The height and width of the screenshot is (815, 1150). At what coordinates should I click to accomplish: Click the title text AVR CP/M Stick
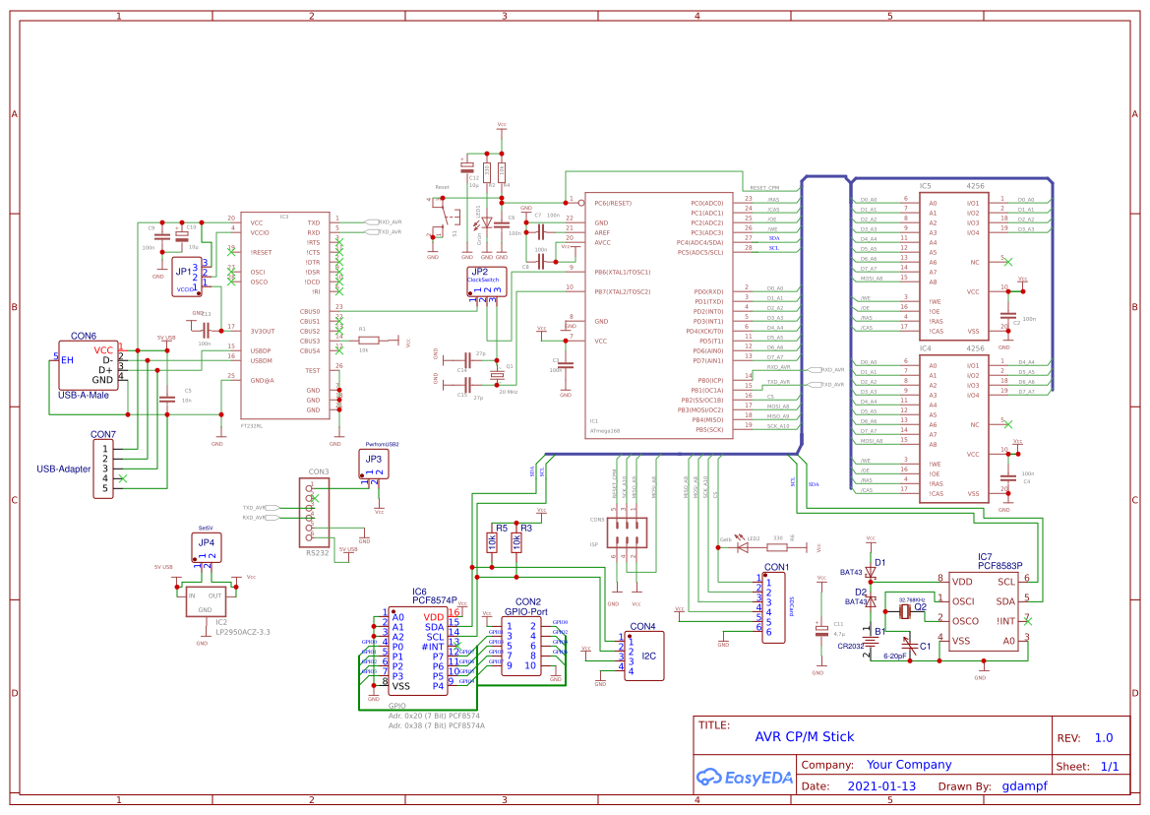tap(804, 736)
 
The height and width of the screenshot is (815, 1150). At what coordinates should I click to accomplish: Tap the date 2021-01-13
tap(880, 786)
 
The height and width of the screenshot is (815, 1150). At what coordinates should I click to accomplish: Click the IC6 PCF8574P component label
tap(434, 596)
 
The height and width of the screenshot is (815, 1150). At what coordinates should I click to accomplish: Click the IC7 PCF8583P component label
tap(998, 561)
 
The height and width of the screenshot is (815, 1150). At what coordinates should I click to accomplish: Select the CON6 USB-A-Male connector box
tap(89, 365)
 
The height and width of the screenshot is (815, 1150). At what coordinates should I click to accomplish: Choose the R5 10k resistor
tap(491, 542)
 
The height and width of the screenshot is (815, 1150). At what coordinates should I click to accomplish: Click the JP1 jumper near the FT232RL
tap(187, 276)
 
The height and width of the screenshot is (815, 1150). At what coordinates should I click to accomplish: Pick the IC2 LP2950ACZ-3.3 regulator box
tap(206, 602)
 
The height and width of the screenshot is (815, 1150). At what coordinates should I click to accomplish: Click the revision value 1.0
tap(1103, 737)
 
